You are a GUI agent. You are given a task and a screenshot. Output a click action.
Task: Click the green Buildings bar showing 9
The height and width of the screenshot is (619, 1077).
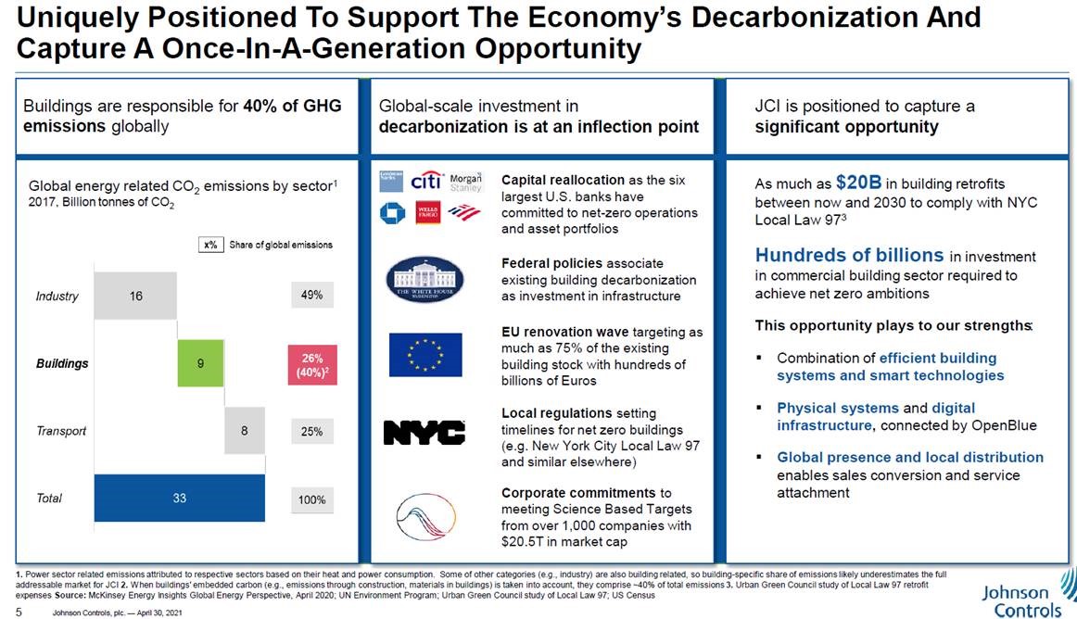point(200,363)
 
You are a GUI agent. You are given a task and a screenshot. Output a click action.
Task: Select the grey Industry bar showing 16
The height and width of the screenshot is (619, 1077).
point(135,296)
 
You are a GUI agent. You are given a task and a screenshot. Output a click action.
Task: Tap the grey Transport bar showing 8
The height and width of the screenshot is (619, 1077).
point(244,431)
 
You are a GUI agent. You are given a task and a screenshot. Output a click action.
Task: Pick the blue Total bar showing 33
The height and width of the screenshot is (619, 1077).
point(179,499)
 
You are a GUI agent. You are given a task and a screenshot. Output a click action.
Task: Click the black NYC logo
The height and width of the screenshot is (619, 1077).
point(424,432)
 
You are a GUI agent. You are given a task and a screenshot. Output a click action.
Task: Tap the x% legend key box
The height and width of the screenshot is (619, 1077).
point(210,246)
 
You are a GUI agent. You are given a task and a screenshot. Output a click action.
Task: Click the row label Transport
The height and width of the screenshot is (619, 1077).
point(61,431)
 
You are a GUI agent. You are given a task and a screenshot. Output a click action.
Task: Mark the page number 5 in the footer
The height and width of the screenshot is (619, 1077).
point(19,612)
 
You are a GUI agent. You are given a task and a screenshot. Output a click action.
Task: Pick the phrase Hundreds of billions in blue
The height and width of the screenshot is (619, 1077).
point(849,255)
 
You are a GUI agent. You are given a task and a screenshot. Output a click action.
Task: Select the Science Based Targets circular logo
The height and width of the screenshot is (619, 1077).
point(424,515)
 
